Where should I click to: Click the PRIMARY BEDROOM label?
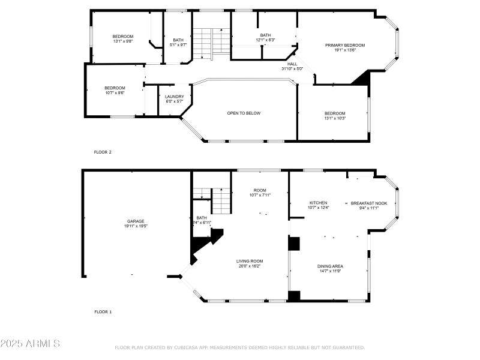tap(345, 45)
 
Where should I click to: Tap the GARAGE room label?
tap(135, 221)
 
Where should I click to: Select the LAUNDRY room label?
tap(175, 97)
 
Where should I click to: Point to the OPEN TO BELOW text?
tap(244, 113)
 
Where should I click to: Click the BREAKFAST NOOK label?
tap(369, 203)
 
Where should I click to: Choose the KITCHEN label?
tap(318, 203)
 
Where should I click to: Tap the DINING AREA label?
tap(330, 266)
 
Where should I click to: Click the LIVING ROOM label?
tap(250, 261)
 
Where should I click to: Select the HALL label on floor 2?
tap(292, 64)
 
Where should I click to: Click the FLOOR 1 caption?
tap(103, 312)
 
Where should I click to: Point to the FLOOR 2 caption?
tap(103, 152)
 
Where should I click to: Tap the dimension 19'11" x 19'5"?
tap(135, 226)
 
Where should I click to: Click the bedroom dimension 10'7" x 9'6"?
tap(115, 93)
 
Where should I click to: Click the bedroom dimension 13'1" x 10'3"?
tap(335, 118)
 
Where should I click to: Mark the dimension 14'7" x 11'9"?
tap(330, 271)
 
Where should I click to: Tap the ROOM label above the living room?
tap(260, 190)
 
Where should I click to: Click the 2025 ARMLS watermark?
tap(30, 344)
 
